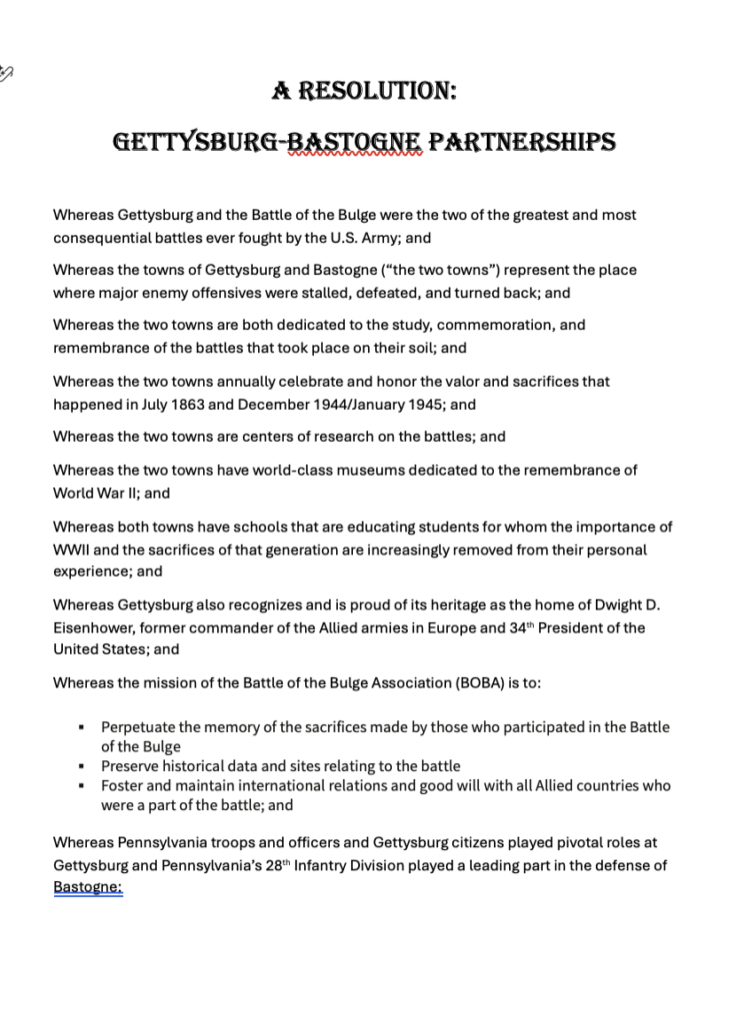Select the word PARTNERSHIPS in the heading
(x=521, y=144)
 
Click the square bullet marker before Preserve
(x=81, y=767)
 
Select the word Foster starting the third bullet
(x=122, y=786)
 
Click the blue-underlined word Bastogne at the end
(x=87, y=887)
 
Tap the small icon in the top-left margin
(x=7, y=72)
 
